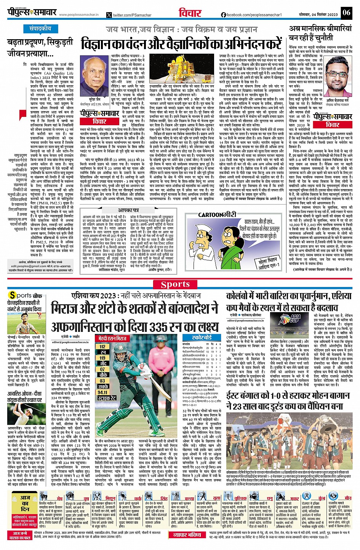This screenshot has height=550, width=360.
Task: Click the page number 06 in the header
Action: pyautogui.click(x=346, y=13)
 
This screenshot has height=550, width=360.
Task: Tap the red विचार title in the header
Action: pyautogui.click(x=190, y=13)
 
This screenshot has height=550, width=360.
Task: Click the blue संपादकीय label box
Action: pyautogui.click(x=41, y=29)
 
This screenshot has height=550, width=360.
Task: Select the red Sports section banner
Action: pyautogui.click(x=175, y=284)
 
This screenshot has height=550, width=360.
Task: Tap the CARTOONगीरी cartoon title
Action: pyautogui.click(x=217, y=215)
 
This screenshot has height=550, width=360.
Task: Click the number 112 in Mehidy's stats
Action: pyautogui.click(x=102, y=346)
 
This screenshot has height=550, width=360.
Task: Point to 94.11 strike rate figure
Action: pyautogui.click(x=102, y=392)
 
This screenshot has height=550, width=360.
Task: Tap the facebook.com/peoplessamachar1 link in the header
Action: pyautogui.click(x=251, y=15)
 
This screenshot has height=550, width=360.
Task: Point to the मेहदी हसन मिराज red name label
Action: pyautogui.click(x=112, y=338)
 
